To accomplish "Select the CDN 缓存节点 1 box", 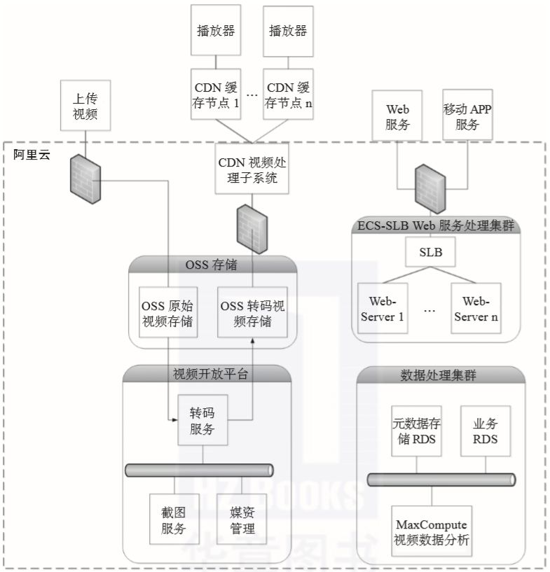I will click(216, 95).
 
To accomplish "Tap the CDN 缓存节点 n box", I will click(287, 95).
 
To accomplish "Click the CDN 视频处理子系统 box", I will click(253, 170).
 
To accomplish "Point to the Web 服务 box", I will click(398, 116).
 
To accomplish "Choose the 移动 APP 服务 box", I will click(467, 116).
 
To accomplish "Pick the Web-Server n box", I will click(476, 308).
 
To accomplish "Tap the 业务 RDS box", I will click(485, 432).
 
